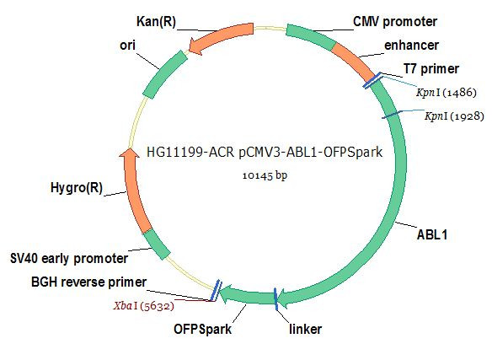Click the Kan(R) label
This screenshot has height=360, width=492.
[x=156, y=22]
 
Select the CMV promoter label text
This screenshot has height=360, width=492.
[x=395, y=22]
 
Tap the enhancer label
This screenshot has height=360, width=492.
[x=411, y=46]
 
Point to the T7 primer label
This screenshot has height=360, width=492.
[x=431, y=69]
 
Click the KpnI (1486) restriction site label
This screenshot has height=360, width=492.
[x=447, y=93]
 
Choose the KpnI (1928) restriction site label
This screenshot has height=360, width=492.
[x=454, y=116]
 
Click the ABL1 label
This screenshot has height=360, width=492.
[x=431, y=234]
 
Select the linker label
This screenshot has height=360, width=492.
[x=305, y=329]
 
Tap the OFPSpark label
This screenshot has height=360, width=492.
[x=202, y=329]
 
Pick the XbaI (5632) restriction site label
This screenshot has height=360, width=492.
[x=144, y=306]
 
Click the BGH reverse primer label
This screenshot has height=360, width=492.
[x=88, y=282]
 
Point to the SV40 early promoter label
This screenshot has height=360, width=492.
[x=69, y=259]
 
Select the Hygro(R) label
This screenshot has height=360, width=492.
[x=77, y=188]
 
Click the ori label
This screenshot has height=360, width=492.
[x=127, y=46]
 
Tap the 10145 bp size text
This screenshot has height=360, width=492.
[x=265, y=175]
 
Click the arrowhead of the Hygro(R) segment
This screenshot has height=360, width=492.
[x=129, y=153]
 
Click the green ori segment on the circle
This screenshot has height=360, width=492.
[x=164, y=74]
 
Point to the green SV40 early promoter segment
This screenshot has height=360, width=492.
[x=157, y=244]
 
